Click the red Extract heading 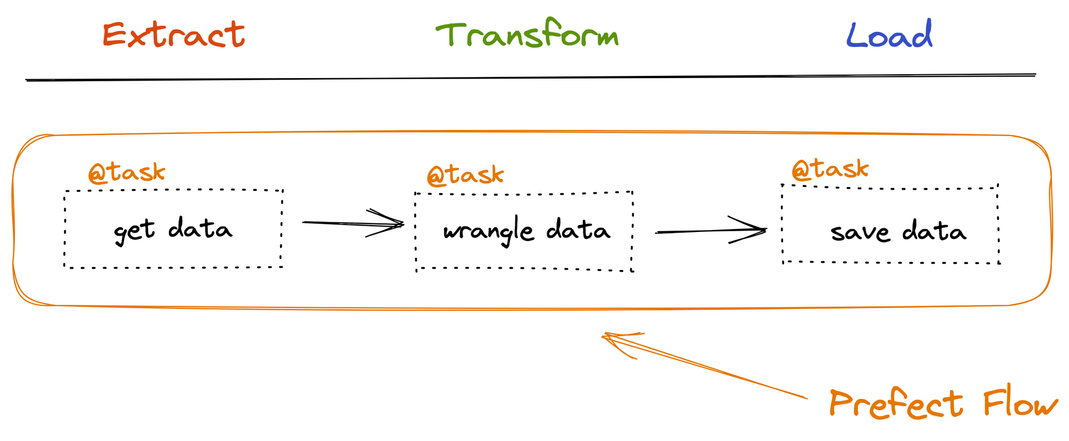click(x=174, y=35)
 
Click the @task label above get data click(x=127, y=173)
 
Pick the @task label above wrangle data click(x=465, y=175)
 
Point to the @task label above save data click(x=830, y=169)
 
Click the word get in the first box click(x=134, y=231)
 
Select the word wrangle click(x=488, y=232)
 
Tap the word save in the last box click(x=860, y=233)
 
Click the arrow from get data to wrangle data click(x=353, y=223)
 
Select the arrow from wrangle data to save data click(x=711, y=231)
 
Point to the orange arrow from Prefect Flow click(x=704, y=366)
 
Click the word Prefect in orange click(x=896, y=404)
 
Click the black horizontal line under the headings click(x=531, y=78)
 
